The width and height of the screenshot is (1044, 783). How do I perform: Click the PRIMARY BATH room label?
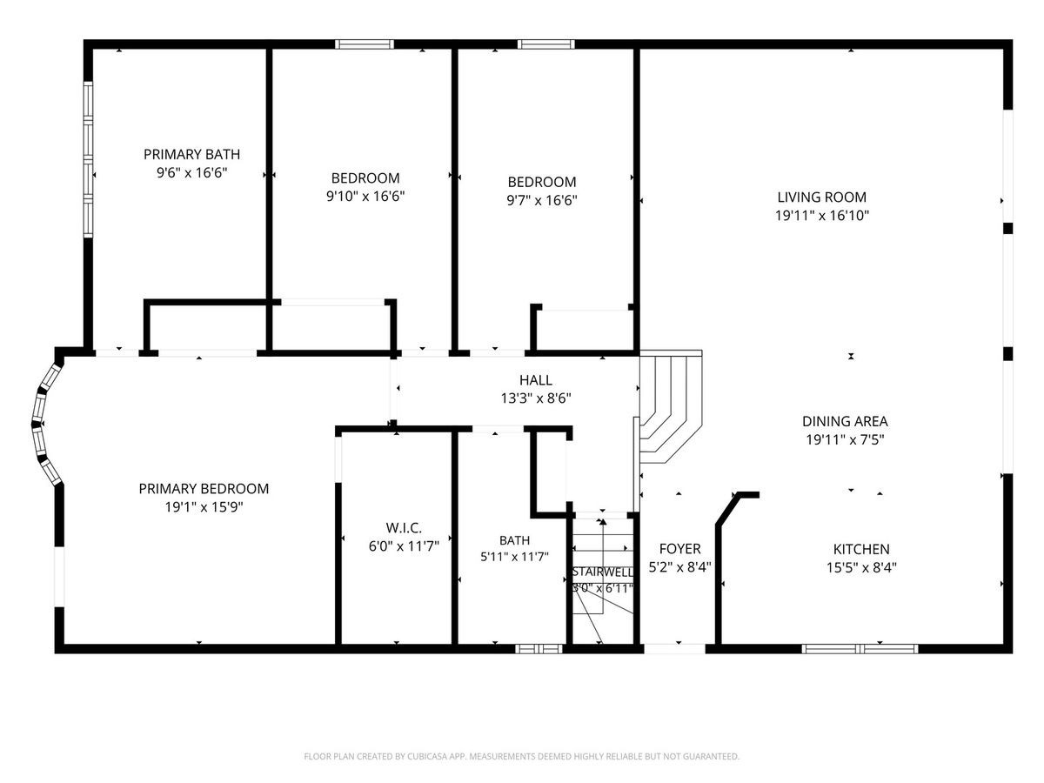point(191,155)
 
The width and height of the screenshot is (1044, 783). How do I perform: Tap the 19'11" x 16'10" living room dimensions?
point(822,216)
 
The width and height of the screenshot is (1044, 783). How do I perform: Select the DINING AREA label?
point(845,421)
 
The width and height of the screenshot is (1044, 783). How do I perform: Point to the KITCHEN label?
point(861,549)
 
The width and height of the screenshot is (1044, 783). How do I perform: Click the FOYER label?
point(679,549)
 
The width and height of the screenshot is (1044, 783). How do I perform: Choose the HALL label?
point(536,380)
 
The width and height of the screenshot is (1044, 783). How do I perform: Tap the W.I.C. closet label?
point(404,528)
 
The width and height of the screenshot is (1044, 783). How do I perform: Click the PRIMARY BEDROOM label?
point(204,489)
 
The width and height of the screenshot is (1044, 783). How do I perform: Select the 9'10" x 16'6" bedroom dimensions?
point(365,196)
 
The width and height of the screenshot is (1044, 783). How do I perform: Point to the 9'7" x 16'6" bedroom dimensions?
point(542,200)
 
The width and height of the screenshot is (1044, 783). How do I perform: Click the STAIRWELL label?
point(603,572)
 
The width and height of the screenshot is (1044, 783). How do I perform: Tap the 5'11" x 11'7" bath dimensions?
point(515,556)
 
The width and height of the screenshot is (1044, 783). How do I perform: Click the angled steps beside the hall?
point(670,407)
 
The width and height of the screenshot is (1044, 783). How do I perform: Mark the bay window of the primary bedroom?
point(47,423)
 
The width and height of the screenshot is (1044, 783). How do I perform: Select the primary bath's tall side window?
point(88,159)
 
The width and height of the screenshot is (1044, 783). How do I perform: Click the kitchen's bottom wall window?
point(860,648)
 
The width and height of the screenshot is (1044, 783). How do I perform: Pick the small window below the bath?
point(539,648)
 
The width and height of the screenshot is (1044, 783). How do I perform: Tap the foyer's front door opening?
point(674,648)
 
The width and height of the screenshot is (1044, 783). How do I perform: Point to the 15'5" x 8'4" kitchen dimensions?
point(861,567)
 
